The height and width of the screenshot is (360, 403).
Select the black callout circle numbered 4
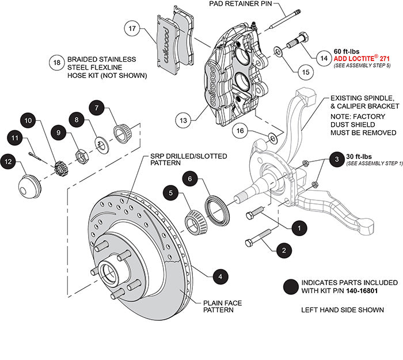(219, 277)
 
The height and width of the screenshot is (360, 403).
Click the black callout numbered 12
(9, 163)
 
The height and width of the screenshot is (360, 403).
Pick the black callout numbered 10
(29, 122)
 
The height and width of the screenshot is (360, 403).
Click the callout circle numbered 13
(184, 121)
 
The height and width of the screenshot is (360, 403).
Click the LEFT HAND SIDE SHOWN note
(343, 310)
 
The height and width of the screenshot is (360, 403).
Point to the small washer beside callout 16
(273, 138)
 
